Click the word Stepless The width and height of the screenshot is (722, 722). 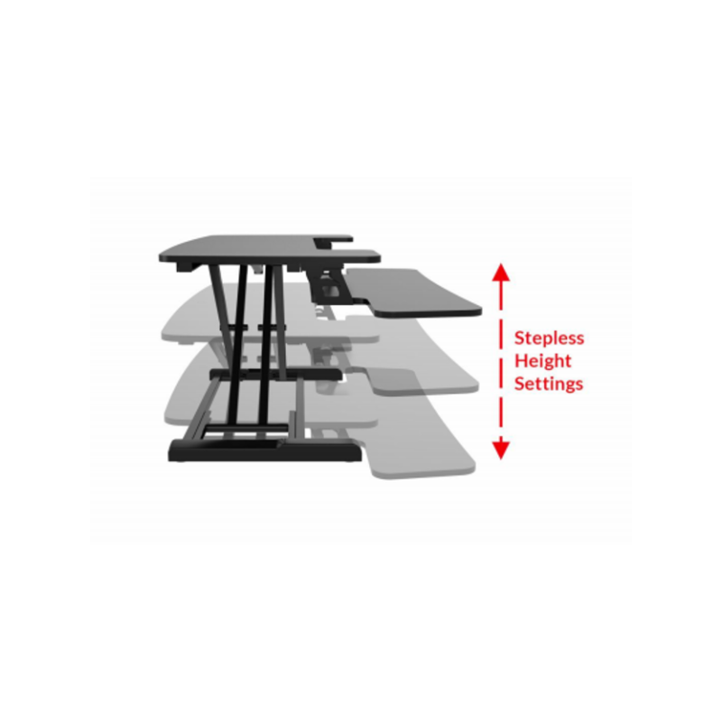coord(549,338)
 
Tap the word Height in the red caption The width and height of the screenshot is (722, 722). coord(542,362)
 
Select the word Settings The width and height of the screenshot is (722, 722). coord(549,384)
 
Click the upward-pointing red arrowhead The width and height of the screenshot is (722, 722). coord(501,273)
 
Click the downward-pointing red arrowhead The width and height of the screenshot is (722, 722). coord(501,449)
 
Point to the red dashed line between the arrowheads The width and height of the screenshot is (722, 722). coord(501,361)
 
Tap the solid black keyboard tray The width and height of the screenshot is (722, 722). coord(414,292)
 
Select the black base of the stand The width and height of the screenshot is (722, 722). coord(264,450)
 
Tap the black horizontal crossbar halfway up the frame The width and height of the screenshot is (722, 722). coord(275,374)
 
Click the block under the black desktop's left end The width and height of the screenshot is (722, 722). coord(188,267)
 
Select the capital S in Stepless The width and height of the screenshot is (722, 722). coord(520,338)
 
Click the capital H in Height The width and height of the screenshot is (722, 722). coord(521,360)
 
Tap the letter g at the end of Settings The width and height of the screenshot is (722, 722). coord(569,386)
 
